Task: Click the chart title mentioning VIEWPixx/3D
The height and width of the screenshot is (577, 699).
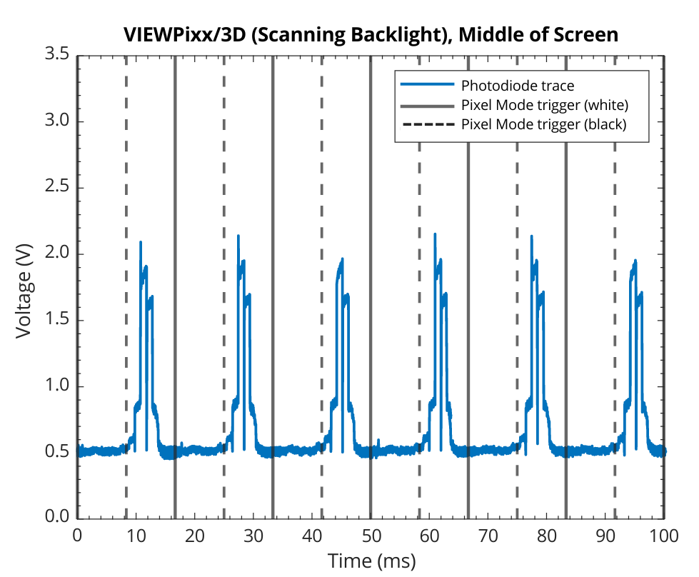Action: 371,34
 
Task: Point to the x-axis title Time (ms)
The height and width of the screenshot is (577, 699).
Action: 371,560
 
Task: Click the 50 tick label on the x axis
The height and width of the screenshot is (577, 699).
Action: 371,536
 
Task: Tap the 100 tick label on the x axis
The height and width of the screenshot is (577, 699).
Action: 664,536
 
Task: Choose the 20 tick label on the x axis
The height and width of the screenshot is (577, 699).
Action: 195,536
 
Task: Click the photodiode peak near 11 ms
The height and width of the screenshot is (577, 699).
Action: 141,243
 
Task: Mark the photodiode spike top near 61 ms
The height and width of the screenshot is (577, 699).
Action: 435,234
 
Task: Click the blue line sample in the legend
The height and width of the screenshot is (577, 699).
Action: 427,86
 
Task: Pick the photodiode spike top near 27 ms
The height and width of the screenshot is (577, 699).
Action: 238,236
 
